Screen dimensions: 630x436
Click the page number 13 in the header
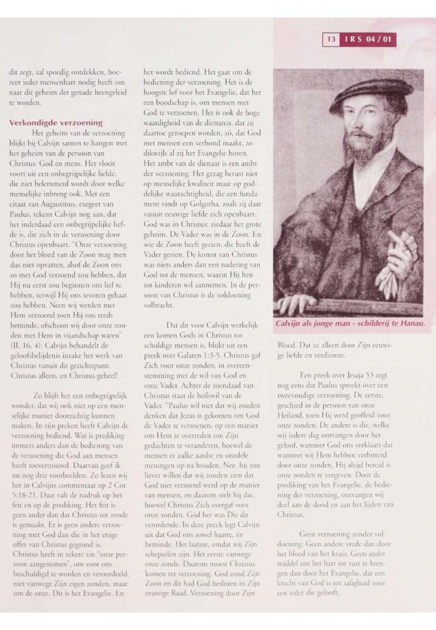tap(330, 40)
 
